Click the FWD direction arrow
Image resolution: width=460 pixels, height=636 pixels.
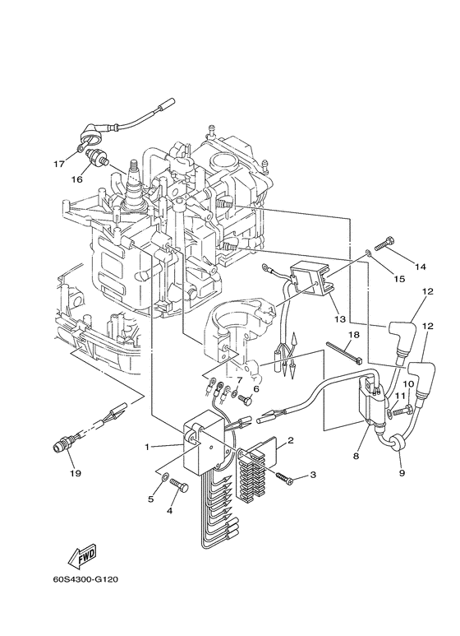point(83,554)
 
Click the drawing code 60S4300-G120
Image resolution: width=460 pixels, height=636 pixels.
point(85,579)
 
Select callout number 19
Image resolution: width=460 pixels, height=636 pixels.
point(76,473)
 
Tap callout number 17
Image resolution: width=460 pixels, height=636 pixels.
point(58,165)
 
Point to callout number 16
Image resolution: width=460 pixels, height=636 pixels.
point(77,179)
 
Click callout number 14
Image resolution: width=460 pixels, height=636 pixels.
point(421,267)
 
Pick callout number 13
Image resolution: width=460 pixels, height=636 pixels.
point(340,319)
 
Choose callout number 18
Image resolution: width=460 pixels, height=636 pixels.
point(353,334)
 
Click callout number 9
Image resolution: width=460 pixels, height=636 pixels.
point(402,473)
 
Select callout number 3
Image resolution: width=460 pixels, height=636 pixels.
point(313,475)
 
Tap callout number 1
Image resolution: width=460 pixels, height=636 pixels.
point(147,447)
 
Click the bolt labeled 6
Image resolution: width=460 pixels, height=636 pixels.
point(246,399)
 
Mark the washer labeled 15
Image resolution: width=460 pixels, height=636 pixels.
point(368,253)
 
